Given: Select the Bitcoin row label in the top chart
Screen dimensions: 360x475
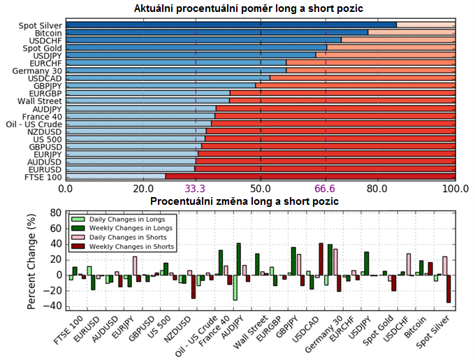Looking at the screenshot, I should [46, 33].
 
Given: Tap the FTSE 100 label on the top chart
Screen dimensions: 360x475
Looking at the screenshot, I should [44, 177].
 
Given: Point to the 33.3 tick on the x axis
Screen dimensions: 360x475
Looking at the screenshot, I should [196, 189].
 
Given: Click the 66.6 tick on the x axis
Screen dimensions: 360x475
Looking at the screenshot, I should [326, 189].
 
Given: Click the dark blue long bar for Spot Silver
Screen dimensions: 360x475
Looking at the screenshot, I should [231, 25].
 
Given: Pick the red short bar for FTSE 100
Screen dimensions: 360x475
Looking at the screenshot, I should [311, 177].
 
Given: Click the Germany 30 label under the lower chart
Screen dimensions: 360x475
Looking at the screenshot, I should [324, 333].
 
